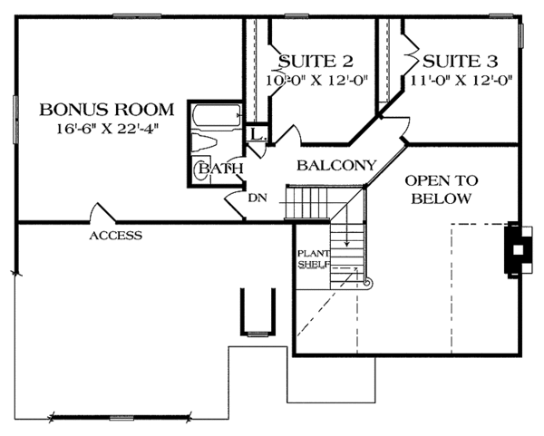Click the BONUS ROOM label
[x=99, y=110]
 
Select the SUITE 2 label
[x=315, y=62]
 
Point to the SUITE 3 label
[x=461, y=62]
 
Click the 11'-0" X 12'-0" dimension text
[x=461, y=79]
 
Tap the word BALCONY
[x=336, y=166]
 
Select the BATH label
[x=220, y=169]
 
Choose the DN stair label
[x=257, y=196]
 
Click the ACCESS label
[x=115, y=236]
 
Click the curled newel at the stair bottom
[x=367, y=283]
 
